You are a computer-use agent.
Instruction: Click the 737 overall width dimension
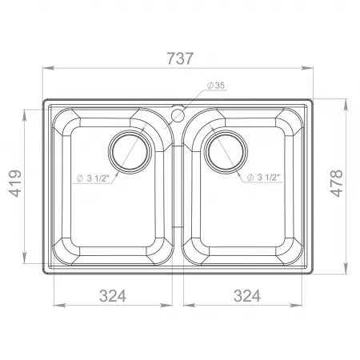(180, 58)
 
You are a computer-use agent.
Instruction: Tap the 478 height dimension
(337, 183)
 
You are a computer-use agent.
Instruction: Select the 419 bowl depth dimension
(15, 183)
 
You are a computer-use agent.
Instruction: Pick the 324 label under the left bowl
(113, 296)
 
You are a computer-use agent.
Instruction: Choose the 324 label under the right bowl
(247, 296)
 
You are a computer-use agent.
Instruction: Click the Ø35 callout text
(216, 86)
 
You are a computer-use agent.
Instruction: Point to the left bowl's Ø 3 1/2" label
(93, 178)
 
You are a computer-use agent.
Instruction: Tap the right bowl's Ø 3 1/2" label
(263, 177)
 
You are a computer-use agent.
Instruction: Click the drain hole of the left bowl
(130, 152)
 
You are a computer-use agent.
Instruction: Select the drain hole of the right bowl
(226, 152)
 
